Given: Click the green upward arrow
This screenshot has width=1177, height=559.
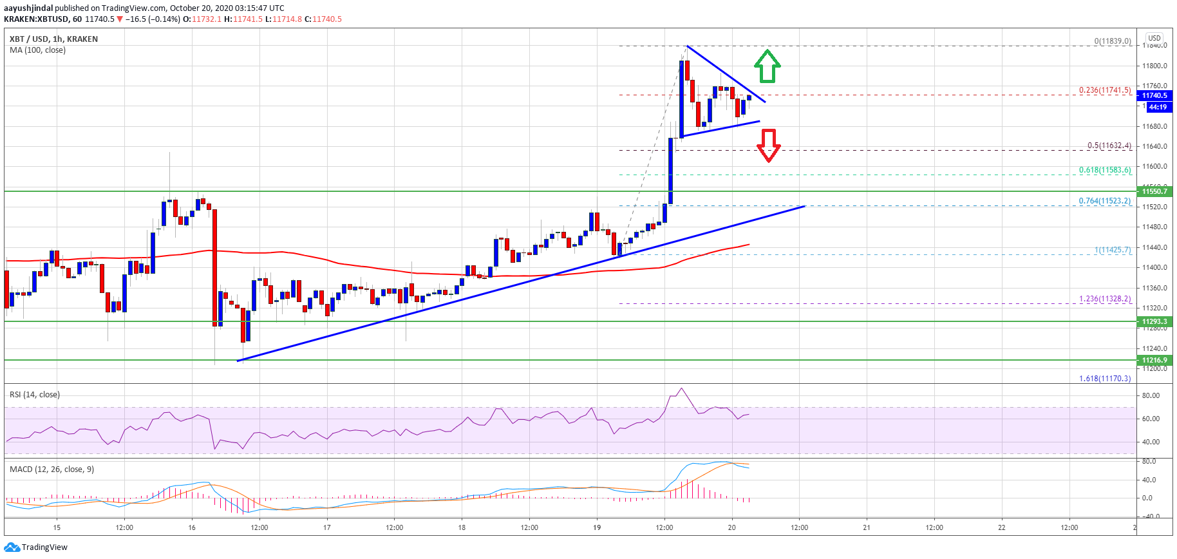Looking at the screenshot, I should pos(767,66).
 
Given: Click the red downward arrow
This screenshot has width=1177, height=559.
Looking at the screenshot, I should pos(768,145).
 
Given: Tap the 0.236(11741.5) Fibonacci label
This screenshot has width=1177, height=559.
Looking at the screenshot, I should pos(1105,90).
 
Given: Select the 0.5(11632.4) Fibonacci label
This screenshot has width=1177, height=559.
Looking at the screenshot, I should pos(1109,146).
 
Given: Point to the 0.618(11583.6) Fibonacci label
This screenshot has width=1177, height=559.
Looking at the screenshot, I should pos(1105,170).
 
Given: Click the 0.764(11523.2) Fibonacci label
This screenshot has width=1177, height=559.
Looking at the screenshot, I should pos(1105,201).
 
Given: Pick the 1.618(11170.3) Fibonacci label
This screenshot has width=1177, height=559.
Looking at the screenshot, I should pos(1105,378).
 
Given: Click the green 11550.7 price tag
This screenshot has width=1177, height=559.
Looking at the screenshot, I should pos(1154,191).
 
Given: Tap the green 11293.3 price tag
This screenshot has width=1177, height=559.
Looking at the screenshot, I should pos(1154,321).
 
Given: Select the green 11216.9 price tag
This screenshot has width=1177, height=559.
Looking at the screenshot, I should pos(1154,360).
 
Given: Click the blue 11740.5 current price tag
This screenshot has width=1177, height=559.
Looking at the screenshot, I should pos(1154,95).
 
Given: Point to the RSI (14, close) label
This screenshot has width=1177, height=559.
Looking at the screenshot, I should pos(35,394).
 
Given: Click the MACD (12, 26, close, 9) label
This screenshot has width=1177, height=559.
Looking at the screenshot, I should pos(52,469).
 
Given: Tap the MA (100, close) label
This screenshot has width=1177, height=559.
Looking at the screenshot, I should pos(37,50).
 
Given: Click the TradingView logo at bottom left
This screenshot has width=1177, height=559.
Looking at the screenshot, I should pos(35,547).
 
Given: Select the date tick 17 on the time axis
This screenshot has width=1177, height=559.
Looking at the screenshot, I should pos(327,527).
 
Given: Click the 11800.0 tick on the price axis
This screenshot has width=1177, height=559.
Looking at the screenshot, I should pos(1154,66).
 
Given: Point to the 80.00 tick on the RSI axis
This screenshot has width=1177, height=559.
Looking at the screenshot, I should pos(1151,395).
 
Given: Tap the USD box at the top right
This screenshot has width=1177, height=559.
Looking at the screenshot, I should pos(1154,38).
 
